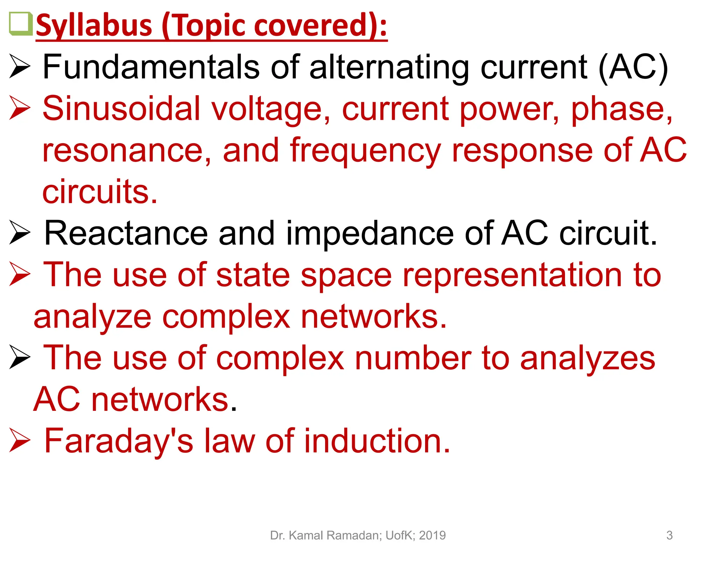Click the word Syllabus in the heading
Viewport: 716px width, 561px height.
pyautogui.click(x=94, y=26)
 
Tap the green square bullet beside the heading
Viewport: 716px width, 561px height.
pyautogui.click(x=20, y=24)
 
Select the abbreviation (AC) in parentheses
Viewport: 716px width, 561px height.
pyautogui.click(x=633, y=68)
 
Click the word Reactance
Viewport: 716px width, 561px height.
pyautogui.click(x=126, y=233)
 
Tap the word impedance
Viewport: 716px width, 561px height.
pyautogui.click(x=370, y=234)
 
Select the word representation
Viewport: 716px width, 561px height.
pyautogui.click(x=512, y=275)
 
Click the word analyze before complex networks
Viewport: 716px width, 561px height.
pyautogui.click(x=92, y=317)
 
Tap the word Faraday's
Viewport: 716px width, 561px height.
pyautogui.click(x=119, y=441)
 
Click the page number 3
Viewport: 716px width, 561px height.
pyautogui.click(x=669, y=535)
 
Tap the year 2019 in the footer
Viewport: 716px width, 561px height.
pyautogui.click(x=432, y=535)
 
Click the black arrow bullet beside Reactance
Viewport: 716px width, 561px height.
pyautogui.click(x=20, y=232)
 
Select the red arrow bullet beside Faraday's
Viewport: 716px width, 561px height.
pyautogui.click(x=20, y=440)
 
